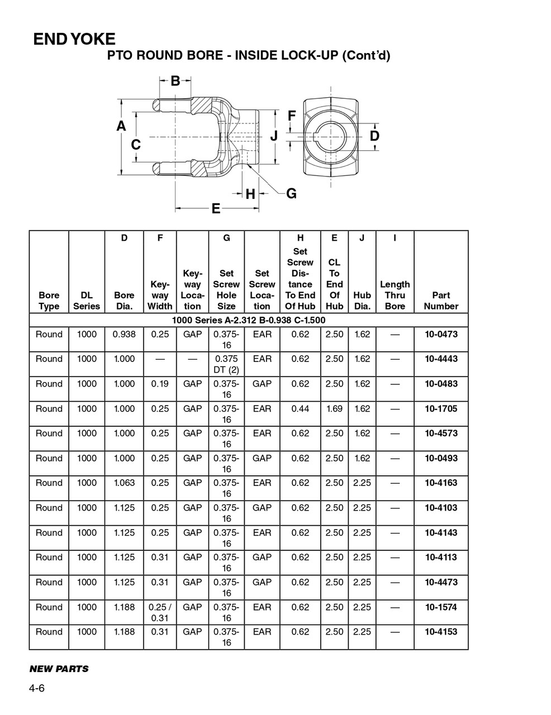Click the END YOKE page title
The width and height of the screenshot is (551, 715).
(74, 39)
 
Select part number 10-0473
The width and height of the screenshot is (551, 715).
(440, 335)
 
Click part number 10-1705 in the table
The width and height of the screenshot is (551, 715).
(440, 409)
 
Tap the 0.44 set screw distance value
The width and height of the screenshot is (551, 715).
(300, 409)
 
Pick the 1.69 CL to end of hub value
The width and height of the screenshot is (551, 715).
(334, 409)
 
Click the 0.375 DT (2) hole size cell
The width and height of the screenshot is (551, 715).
(226, 364)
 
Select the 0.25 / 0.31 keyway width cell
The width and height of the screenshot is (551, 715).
(160, 612)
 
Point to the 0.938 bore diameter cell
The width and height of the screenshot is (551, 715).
(124, 335)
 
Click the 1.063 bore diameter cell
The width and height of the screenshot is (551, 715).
(124, 483)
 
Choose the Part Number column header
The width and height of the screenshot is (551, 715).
(440, 301)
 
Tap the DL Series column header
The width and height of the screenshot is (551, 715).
(87, 301)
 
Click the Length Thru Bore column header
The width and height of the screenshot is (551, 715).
(395, 295)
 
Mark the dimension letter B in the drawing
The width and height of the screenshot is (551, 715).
(175, 81)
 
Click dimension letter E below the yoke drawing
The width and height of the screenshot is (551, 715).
(216, 209)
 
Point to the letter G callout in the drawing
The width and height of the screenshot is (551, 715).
(291, 194)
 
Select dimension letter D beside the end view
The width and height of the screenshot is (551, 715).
(374, 136)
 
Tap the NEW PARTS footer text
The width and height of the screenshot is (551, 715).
(59, 669)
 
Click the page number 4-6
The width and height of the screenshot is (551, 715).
(37, 688)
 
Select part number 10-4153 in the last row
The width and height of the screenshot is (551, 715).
(440, 632)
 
